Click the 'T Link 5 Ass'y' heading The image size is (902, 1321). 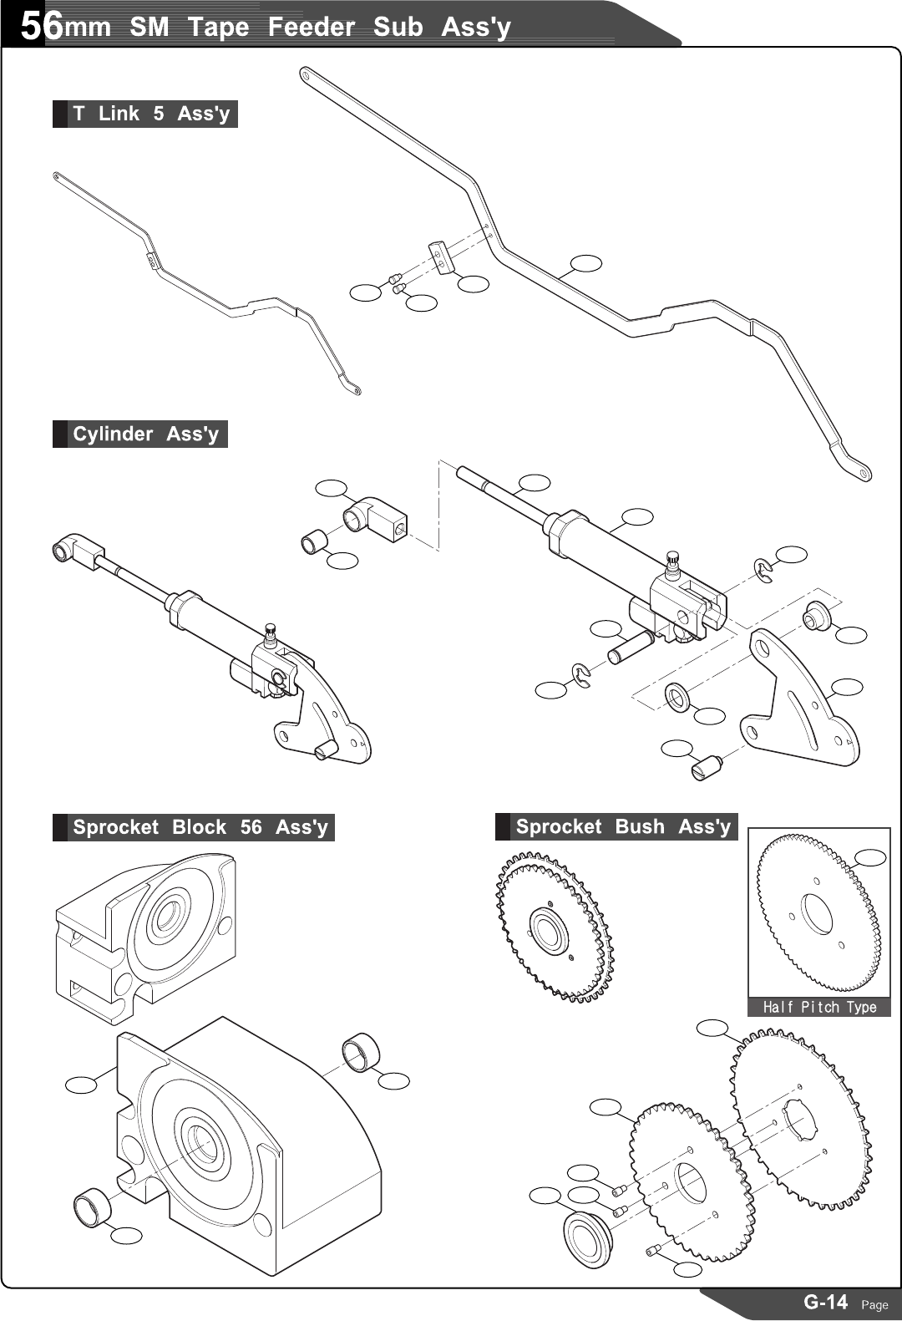[150, 114]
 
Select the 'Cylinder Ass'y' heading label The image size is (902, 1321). [145, 434]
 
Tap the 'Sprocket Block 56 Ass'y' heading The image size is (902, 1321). [200, 827]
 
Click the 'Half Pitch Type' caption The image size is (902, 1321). [819, 1007]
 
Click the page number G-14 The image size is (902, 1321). [825, 1302]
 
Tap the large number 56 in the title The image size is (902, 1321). [40, 27]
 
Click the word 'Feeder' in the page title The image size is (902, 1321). [311, 27]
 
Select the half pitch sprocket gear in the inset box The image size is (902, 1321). [818, 913]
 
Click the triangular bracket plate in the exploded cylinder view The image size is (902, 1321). [802, 702]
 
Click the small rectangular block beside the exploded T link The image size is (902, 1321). [441, 257]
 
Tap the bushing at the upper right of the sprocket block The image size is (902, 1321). [361, 1051]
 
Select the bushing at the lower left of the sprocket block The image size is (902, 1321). [90, 1208]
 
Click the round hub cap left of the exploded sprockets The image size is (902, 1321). [589, 1239]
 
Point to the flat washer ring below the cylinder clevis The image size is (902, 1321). [677, 696]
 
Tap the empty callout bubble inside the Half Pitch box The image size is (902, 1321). [870, 857]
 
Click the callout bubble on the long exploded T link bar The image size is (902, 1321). [585, 263]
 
